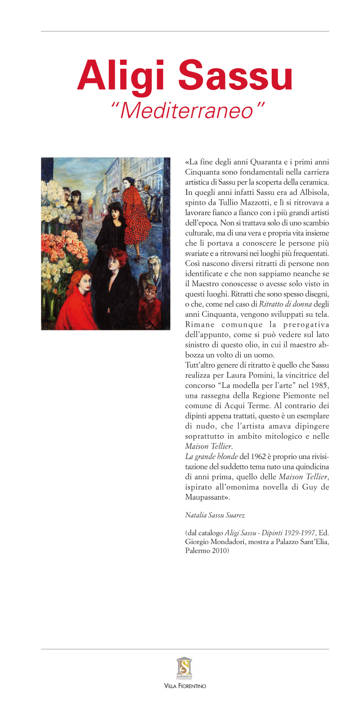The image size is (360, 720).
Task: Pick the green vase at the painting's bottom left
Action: pos(49,310)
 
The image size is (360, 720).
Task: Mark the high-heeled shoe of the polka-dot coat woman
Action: pos(138,258)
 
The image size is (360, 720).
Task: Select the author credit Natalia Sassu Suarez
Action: pos(215,515)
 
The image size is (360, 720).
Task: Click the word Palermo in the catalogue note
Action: pos(196,550)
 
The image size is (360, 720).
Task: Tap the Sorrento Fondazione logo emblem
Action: pos(184,667)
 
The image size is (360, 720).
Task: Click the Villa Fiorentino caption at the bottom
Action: pos(185,686)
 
